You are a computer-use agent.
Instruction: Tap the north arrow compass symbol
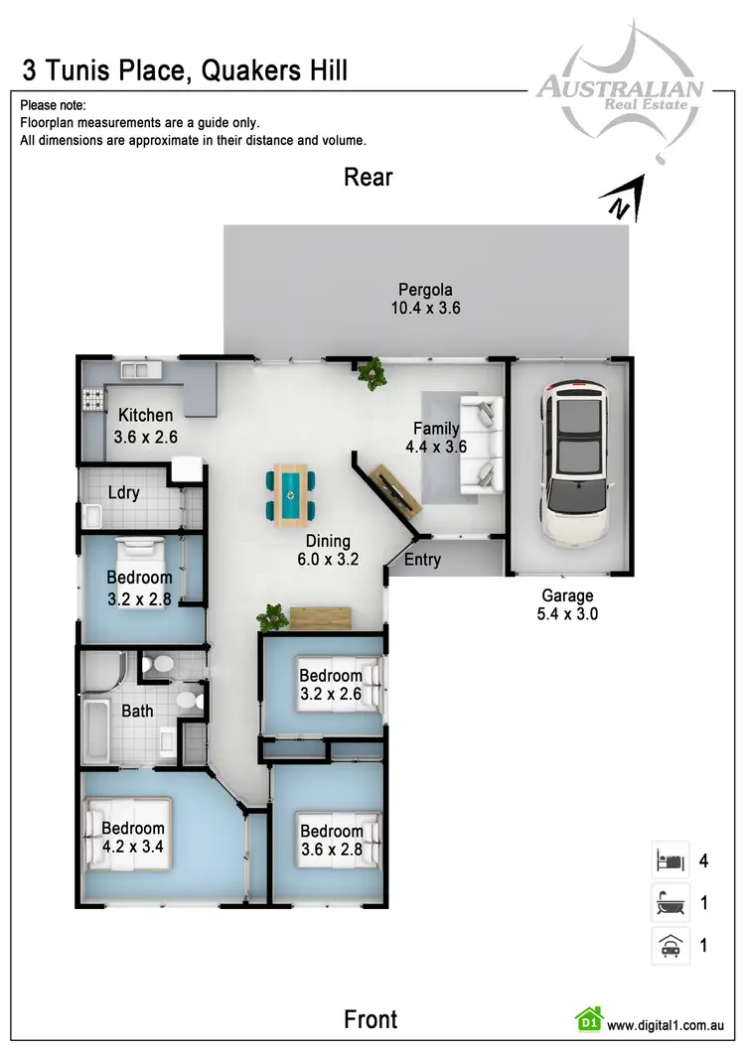[x=626, y=198]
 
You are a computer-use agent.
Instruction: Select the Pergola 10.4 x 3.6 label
[x=425, y=299]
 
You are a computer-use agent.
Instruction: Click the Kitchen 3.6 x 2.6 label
[x=146, y=425]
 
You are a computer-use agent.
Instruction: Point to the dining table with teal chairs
[x=291, y=494]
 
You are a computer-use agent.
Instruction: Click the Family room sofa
[x=480, y=445]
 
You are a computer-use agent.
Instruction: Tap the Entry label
[x=422, y=560]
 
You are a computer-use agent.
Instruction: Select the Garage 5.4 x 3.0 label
[x=567, y=604]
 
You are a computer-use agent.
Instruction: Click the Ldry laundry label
[x=124, y=492]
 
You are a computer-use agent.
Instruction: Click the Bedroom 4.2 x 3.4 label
[x=133, y=838]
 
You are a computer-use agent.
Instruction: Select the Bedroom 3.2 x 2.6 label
[x=331, y=685]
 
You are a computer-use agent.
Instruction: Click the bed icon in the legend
[x=669, y=860]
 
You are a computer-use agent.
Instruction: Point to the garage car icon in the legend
[x=669, y=946]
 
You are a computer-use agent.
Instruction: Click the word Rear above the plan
[x=369, y=177]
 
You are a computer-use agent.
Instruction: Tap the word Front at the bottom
[x=371, y=1019]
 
